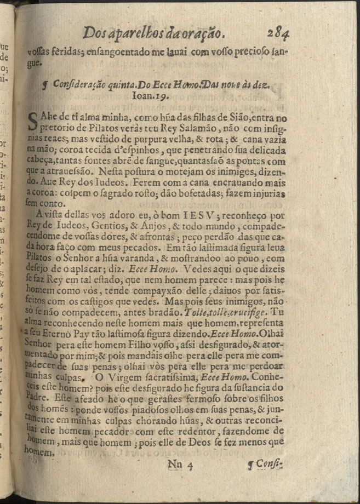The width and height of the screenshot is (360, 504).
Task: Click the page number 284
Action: pos(278,35)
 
